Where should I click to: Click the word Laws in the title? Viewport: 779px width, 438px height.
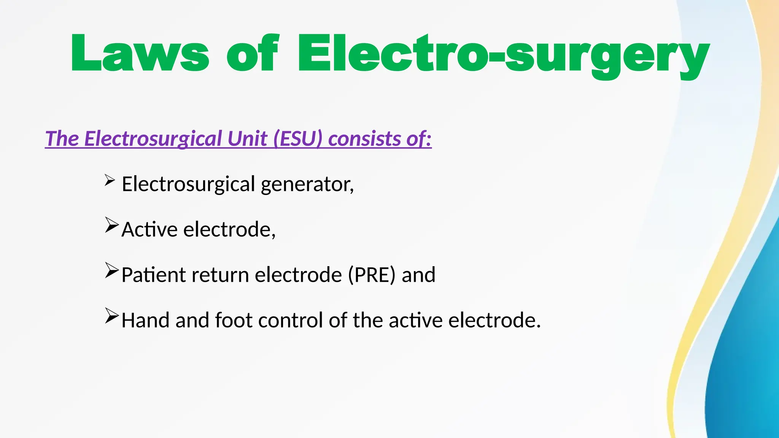(140, 53)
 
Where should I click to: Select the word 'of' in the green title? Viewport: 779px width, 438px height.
(253, 53)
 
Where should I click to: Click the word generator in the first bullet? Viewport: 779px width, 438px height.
(307, 184)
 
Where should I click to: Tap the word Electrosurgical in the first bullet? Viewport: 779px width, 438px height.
(188, 184)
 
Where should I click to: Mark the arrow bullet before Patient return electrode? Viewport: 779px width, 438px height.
(112, 270)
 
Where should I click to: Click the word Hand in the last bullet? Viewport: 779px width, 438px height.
(145, 320)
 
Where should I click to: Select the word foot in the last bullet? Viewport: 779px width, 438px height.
(234, 320)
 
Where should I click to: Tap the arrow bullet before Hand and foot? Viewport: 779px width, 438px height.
(112, 316)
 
